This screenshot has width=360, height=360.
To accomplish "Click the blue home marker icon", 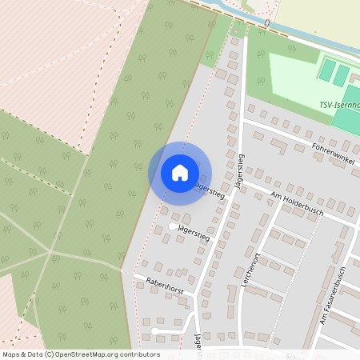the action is tap(179, 173).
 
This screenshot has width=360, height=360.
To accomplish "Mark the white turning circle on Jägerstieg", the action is tap(172, 227).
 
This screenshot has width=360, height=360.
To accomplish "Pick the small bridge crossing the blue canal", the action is tap(266, 26).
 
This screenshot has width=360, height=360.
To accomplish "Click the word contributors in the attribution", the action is tap(140, 354).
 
